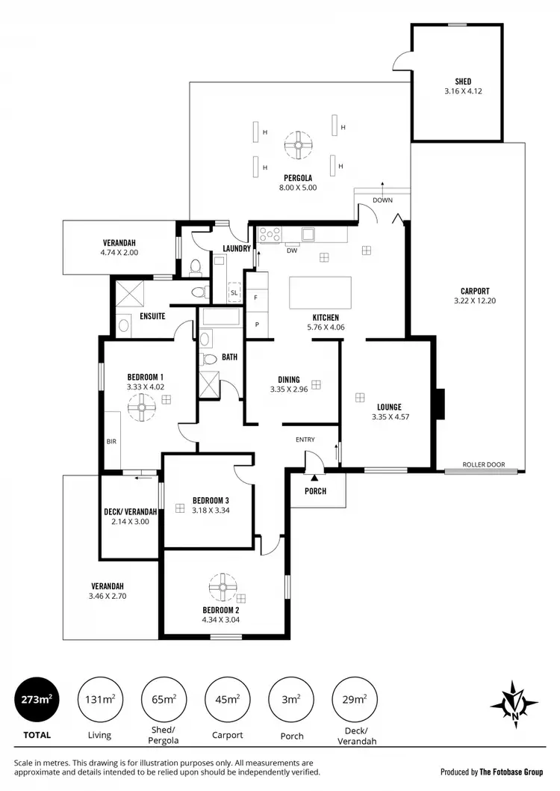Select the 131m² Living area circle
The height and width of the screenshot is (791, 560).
(x=99, y=701)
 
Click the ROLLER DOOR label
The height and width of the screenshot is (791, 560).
(x=484, y=464)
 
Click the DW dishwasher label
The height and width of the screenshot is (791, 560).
(x=292, y=250)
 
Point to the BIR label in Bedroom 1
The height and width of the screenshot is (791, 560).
(x=111, y=442)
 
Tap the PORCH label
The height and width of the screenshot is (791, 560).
(x=318, y=491)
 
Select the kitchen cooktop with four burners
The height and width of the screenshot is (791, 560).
(x=269, y=235)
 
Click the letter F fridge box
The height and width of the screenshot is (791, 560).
(x=255, y=297)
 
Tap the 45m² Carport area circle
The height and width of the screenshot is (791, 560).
(x=227, y=701)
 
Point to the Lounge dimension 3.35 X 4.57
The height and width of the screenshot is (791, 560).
(x=385, y=418)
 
